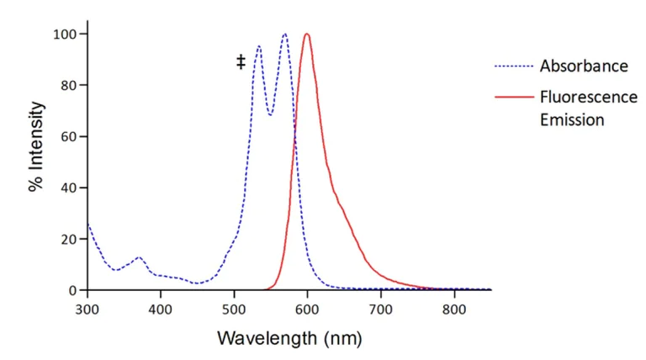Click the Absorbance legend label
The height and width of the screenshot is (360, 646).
pyautogui.click(x=583, y=66)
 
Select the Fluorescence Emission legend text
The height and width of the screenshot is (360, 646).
pyautogui.click(x=577, y=109)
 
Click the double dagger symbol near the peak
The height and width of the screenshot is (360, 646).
pyautogui.click(x=241, y=61)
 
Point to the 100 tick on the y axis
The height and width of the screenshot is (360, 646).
pyautogui.click(x=66, y=34)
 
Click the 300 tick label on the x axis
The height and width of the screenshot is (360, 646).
pyautogui.click(x=87, y=309)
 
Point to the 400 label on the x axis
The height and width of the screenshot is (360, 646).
pyautogui.click(x=160, y=309)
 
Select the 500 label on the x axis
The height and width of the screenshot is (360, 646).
pyautogui.click(x=234, y=309)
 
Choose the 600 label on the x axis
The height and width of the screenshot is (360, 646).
pyautogui.click(x=307, y=309)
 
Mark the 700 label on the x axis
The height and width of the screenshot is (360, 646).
pyautogui.click(x=381, y=309)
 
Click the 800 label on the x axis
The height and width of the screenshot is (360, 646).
pyautogui.click(x=454, y=309)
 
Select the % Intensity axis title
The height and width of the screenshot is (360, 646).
pyautogui.click(x=36, y=161)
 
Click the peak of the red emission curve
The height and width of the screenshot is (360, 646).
pyautogui.click(x=307, y=34)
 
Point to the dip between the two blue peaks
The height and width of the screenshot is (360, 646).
pyautogui.click(x=270, y=114)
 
